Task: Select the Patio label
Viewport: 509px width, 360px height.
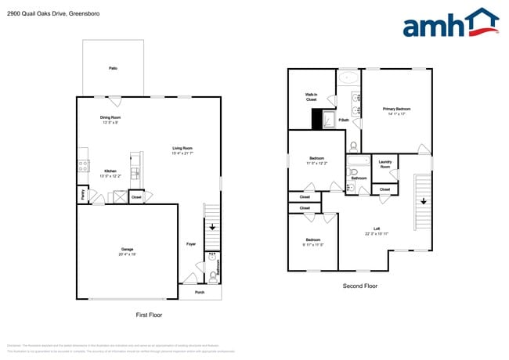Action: tap(114, 69)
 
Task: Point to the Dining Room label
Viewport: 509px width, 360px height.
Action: tap(110, 120)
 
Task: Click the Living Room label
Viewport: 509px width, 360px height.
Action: tap(182, 150)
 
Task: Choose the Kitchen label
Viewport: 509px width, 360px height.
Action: tap(110, 174)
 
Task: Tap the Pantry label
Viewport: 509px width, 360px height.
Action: tap(81, 193)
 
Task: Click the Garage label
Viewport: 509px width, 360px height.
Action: tap(127, 251)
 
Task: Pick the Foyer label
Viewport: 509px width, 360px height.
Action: tap(191, 244)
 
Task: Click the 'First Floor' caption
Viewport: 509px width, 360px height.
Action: tap(149, 315)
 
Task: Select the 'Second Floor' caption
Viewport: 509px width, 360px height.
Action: tap(360, 286)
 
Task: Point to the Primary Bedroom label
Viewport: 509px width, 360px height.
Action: tap(396, 111)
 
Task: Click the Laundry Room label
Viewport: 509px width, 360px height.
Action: tap(384, 165)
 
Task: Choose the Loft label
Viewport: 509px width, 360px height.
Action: tap(377, 231)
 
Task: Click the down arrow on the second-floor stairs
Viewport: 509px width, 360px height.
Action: tap(423, 201)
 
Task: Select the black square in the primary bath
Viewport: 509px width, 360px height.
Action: tap(317, 119)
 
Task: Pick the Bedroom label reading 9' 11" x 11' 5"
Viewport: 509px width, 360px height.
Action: tap(313, 242)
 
